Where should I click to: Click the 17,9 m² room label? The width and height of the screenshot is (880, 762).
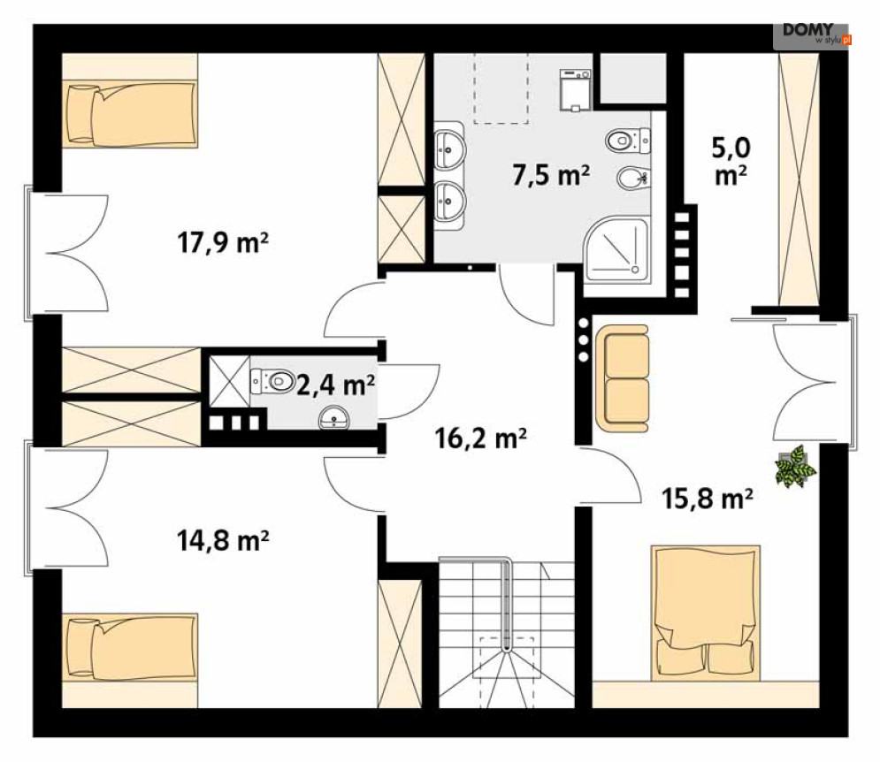223,243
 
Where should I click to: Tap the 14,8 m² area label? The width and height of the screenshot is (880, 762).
223,540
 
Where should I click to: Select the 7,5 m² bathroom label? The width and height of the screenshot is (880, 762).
551,175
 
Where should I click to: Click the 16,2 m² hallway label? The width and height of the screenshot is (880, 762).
481,438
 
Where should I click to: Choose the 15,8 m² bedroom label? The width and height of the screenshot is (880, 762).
708,499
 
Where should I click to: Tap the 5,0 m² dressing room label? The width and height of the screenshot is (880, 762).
731,162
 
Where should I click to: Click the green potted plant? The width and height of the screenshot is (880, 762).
795,466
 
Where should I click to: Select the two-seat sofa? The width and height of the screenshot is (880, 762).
623,378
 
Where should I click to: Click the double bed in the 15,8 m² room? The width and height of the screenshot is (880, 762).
706,613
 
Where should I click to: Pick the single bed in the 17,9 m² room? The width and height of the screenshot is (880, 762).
130,114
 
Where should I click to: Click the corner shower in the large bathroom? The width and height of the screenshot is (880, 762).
616,249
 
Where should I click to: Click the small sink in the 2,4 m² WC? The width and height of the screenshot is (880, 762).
334,419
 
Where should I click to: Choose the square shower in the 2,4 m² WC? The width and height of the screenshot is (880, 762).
229,381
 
